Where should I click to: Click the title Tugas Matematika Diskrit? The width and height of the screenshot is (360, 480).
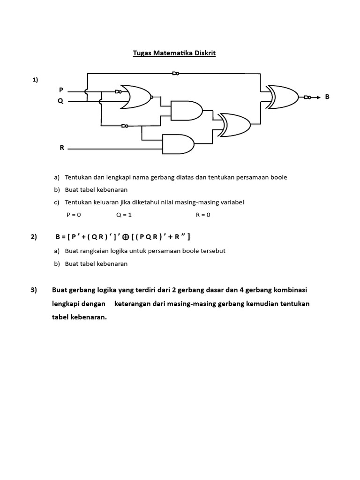(174, 53)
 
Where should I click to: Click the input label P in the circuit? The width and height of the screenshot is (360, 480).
(61, 90)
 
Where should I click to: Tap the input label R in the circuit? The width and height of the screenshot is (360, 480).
(61, 148)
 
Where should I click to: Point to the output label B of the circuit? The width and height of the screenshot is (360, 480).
(327, 97)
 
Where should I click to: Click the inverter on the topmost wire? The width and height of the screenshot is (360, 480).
(175, 73)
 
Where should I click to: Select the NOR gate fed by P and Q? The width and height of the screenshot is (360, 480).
(136, 97)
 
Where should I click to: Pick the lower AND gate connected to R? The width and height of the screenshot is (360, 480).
(178, 144)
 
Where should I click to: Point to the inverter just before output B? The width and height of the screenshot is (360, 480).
(307, 97)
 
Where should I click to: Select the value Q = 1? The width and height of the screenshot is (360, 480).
(124, 215)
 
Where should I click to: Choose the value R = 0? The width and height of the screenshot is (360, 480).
(203, 215)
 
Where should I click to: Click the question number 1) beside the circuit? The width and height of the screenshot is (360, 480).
(35, 80)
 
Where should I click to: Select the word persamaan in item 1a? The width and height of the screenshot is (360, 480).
(258, 177)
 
